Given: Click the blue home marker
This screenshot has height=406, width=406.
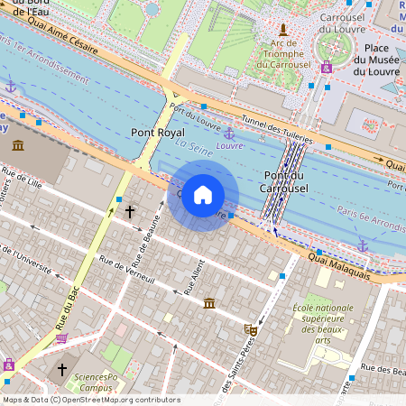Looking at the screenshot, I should (x=203, y=195).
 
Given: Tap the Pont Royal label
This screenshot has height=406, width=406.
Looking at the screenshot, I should (x=158, y=133).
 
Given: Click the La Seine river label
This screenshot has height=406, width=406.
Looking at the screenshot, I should (x=193, y=149).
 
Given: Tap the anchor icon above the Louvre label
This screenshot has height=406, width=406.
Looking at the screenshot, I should (x=229, y=134).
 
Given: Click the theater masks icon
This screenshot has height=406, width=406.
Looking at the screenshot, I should (x=251, y=331).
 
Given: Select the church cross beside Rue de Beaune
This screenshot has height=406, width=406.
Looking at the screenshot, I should (x=130, y=212).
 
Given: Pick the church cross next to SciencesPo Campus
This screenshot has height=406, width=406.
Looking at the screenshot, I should (x=62, y=370).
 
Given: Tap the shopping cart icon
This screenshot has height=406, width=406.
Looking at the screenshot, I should (x=61, y=339).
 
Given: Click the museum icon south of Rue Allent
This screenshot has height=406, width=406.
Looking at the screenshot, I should (x=209, y=302).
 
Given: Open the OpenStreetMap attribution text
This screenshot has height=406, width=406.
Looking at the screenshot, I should (x=91, y=400).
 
